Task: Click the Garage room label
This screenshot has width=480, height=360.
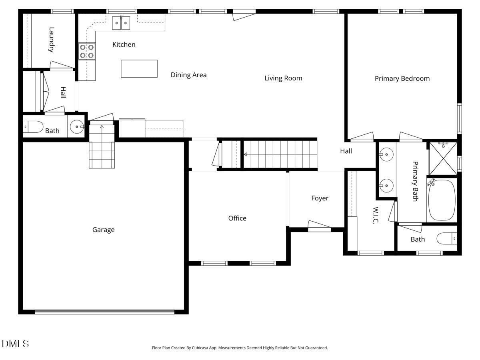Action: (103, 230)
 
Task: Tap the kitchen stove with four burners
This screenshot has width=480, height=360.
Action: (87, 51)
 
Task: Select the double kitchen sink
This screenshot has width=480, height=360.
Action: (121, 23)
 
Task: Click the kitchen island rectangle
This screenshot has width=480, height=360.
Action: (139, 68)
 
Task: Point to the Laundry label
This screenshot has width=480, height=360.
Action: (51, 40)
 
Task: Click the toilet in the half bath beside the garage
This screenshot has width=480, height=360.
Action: (33, 127)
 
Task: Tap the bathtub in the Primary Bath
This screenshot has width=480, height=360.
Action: (442, 200)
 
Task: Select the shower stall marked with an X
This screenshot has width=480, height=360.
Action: (443, 158)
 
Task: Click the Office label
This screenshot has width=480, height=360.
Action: (237, 218)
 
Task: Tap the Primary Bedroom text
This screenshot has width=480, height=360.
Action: (402, 78)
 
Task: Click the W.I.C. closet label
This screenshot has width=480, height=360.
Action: (376, 215)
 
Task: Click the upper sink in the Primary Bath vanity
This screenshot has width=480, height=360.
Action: (386, 154)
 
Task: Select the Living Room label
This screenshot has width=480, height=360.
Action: (283, 78)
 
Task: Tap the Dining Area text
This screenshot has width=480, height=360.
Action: (188, 75)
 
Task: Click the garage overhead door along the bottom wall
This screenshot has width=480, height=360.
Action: (105, 312)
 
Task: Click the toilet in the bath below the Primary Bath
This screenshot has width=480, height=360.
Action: (447, 239)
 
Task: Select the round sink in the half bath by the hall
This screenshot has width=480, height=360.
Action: (76, 127)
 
